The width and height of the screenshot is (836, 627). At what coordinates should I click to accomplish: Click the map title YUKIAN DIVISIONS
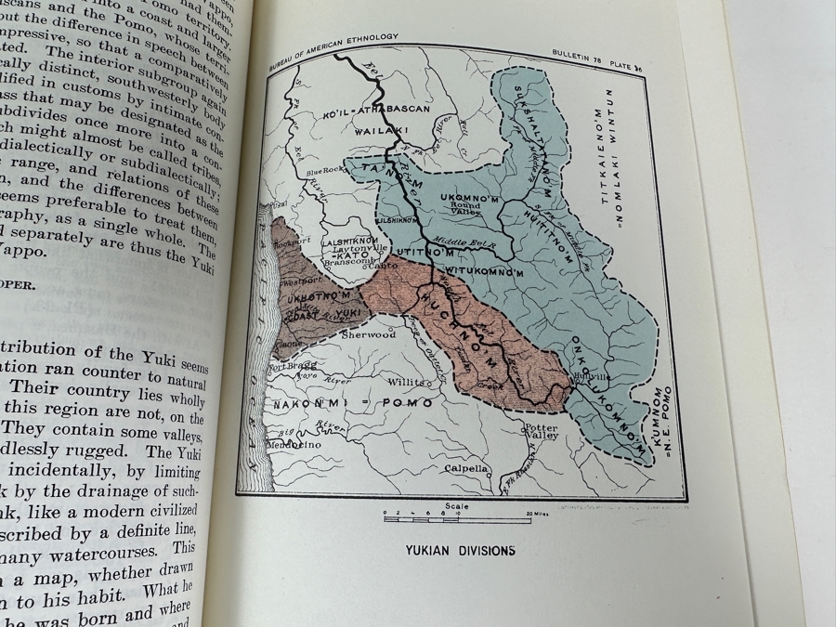(x=460, y=550)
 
